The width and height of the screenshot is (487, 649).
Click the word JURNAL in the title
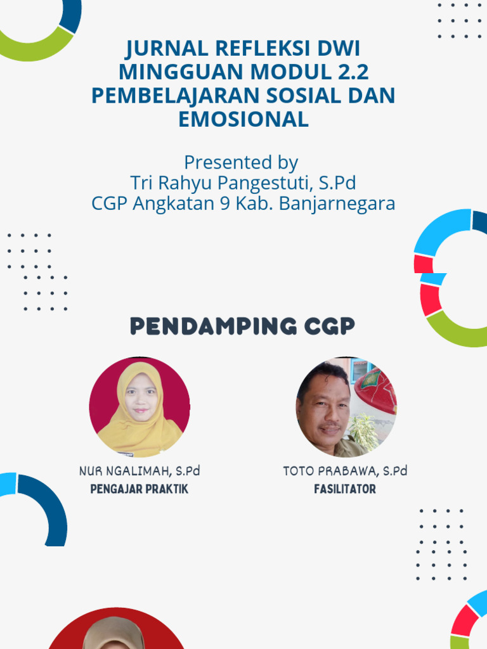167,48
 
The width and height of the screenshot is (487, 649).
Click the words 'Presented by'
241,162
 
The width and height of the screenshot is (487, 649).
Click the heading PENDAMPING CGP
243,326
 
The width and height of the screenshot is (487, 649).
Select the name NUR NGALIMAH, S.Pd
140,471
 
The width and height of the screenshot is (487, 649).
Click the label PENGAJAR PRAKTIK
140,489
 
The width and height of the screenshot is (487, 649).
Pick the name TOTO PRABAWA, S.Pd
345,471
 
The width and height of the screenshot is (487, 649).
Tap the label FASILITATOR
345,489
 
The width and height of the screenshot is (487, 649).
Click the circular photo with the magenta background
140,407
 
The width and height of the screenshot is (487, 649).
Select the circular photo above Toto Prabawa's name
346,407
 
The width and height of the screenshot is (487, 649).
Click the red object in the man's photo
376,389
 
